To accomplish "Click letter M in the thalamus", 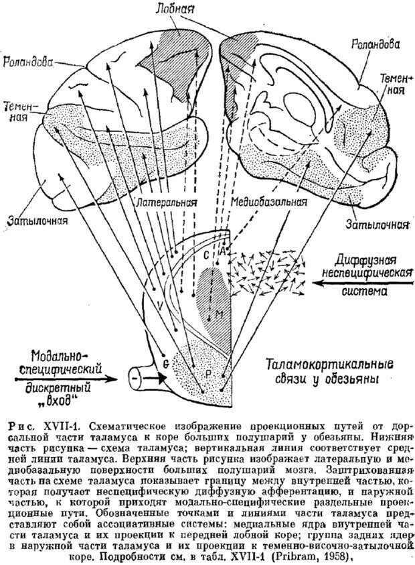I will [218, 313].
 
